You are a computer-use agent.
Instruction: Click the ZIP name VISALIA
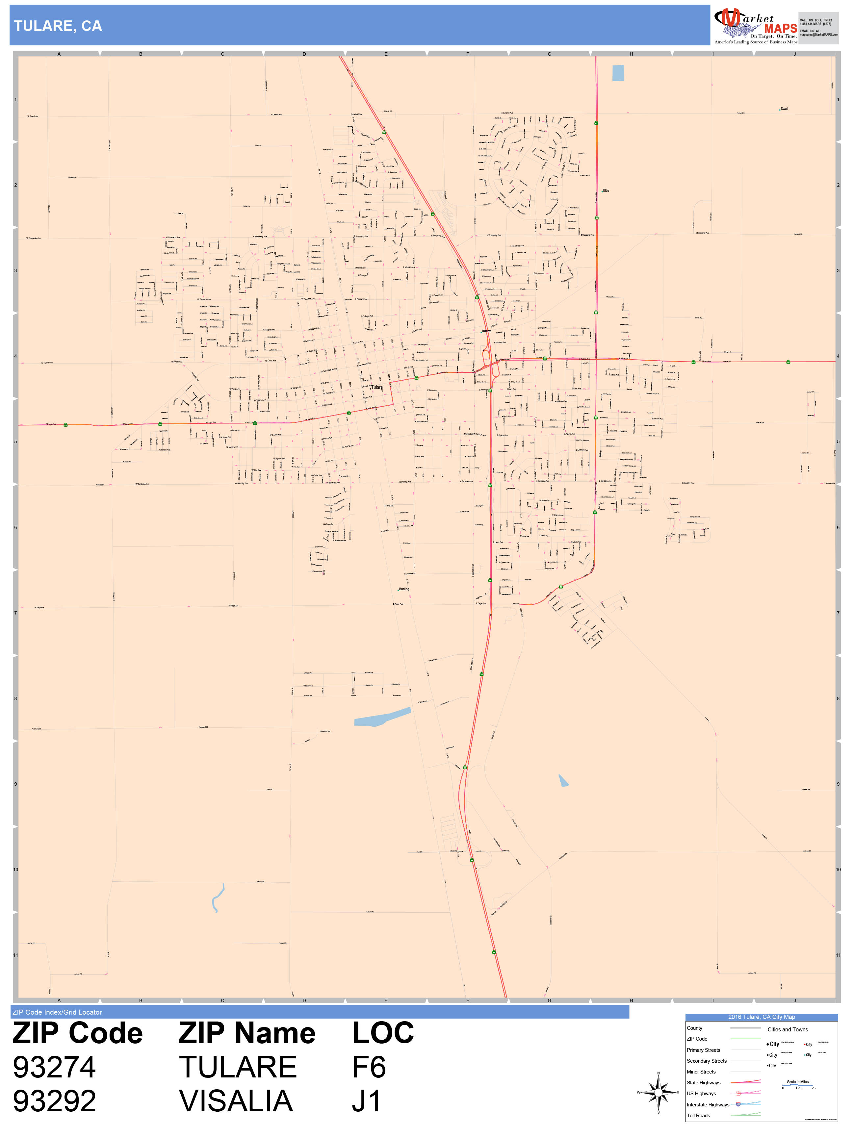tap(236, 1101)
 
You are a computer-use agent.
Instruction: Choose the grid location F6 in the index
tap(369, 1067)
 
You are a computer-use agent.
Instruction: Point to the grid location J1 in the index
tap(366, 1101)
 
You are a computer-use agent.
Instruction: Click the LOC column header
tap(382, 1033)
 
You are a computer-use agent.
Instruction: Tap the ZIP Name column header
tap(247, 1033)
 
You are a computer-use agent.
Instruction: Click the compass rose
tap(658, 1092)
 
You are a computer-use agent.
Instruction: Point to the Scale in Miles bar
tap(798, 1085)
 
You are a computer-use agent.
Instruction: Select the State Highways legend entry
tap(703, 1082)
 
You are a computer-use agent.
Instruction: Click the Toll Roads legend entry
tap(698, 1115)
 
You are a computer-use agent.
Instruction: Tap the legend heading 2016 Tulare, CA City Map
tap(761, 1017)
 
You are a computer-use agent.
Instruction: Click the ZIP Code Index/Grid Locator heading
tap(57, 1012)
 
